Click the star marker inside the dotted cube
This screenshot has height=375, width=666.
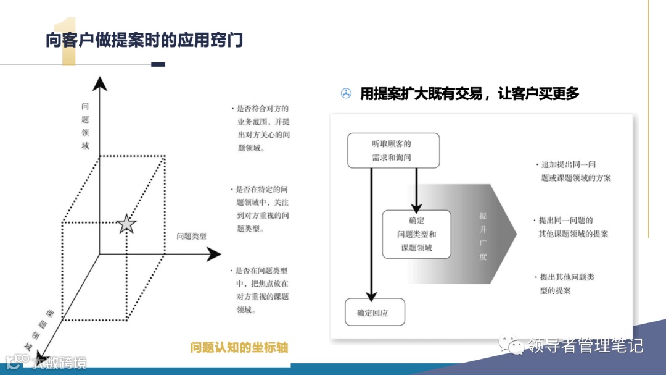coord(126,224)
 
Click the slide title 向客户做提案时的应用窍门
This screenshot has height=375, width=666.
coord(144,40)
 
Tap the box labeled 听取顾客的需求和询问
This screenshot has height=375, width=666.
coord(393,150)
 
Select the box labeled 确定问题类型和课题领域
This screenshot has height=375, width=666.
coord(416,234)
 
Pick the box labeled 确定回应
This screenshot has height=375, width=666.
coord(374,313)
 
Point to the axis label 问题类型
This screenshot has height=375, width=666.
coord(191,236)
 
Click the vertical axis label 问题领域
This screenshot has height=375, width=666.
coord(85,125)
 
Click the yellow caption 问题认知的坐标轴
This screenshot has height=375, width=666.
coord(239,347)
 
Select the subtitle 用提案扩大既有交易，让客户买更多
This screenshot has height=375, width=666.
coord(470,94)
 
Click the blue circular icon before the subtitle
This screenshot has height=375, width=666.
coord(346,94)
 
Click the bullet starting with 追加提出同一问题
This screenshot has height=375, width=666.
coord(573,171)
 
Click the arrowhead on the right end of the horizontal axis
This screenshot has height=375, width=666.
coord(213,254)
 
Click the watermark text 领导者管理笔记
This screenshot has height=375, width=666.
coord(585,345)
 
